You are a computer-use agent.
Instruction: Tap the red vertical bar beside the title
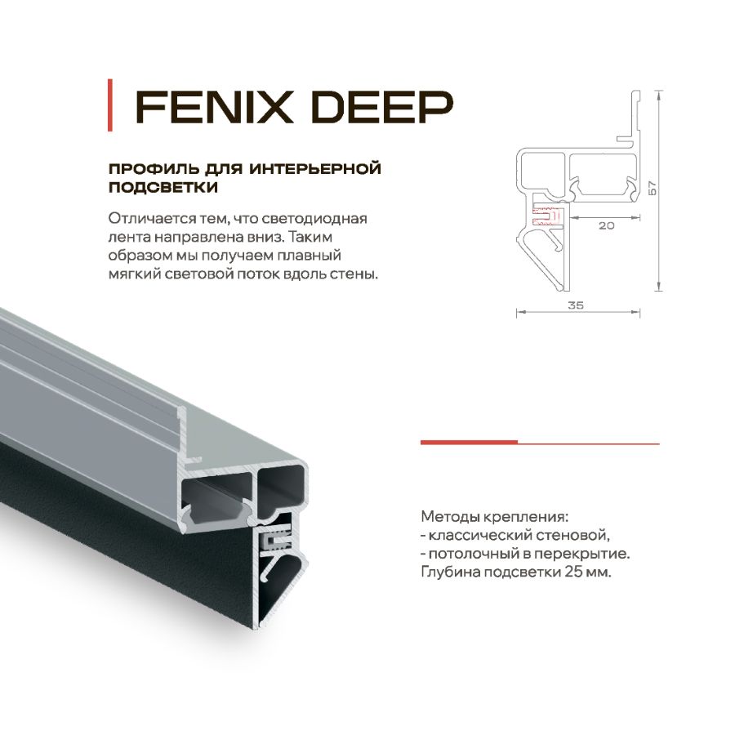coord(110,105)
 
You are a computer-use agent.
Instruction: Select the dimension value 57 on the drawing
coord(651,187)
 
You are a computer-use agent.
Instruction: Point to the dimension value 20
coord(606,225)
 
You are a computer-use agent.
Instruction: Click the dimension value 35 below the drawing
coord(575,305)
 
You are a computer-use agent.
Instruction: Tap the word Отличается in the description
coord(142,219)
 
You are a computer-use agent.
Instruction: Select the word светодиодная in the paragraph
coord(322,219)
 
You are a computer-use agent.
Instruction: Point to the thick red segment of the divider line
coord(469,442)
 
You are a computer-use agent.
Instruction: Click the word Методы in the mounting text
coord(447,517)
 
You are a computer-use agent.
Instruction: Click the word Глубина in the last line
coord(448,572)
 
